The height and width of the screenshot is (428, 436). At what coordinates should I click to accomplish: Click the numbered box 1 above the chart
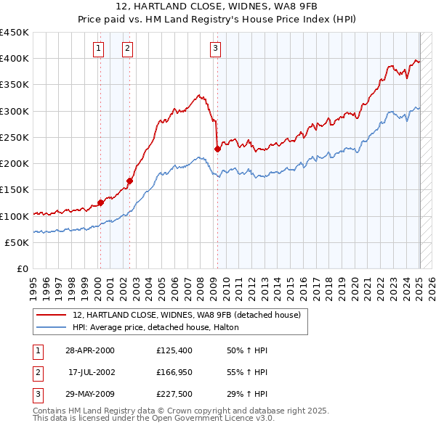pyautogui.click(x=98, y=49)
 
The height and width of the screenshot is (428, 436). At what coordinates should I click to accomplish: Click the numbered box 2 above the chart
pyautogui.click(x=127, y=49)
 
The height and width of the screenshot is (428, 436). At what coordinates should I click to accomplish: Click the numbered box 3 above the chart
pyautogui.click(x=216, y=49)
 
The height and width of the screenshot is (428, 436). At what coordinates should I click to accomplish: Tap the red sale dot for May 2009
pyautogui.click(x=217, y=149)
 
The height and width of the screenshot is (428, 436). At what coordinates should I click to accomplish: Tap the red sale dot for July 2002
pyautogui.click(x=129, y=181)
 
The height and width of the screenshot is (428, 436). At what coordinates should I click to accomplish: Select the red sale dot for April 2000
pyautogui.click(x=101, y=203)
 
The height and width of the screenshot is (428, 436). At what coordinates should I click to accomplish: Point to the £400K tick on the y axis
pyautogui.click(x=15, y=59)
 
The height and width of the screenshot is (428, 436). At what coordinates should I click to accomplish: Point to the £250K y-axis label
pyautogui.click(x=15, y=137)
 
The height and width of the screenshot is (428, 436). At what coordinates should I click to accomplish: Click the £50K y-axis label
pyautogui.click(x=17, y=242)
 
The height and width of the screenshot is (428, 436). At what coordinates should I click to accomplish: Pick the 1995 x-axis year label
pyautogui.click(x=33, y=283)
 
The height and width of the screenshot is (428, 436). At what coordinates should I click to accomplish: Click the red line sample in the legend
pyautogui.click(x=52, y=315)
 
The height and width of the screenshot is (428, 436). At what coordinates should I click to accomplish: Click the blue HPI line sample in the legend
pyautogui.click(x=52, y=328)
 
